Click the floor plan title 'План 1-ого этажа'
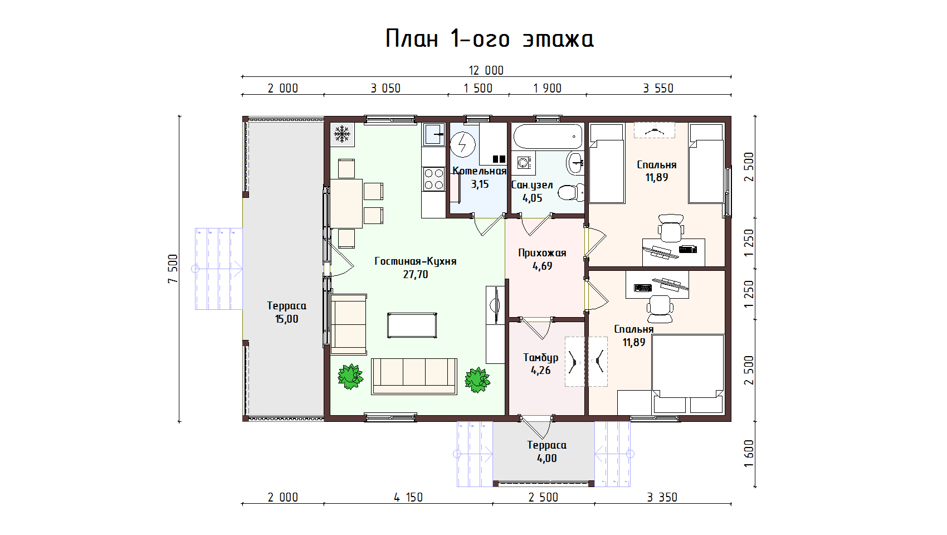[490, 38]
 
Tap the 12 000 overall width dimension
[486, 70]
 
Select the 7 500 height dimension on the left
[173, 269]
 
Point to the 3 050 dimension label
[385, 89]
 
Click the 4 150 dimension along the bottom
[408, 497]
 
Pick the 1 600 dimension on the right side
[749, 454]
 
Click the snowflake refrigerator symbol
[342, 134]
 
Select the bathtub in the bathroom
[548, 136]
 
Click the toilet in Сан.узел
[571, 193]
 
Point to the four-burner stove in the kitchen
[434, 179]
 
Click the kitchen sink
[434, 134]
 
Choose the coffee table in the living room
[412, 325]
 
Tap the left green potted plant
[350, 376]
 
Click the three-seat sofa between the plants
[414, 376]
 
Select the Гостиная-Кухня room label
[416, 261]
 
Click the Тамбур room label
[541, 358]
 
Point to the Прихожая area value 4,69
[543, 266]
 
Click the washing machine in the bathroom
[524, 163]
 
